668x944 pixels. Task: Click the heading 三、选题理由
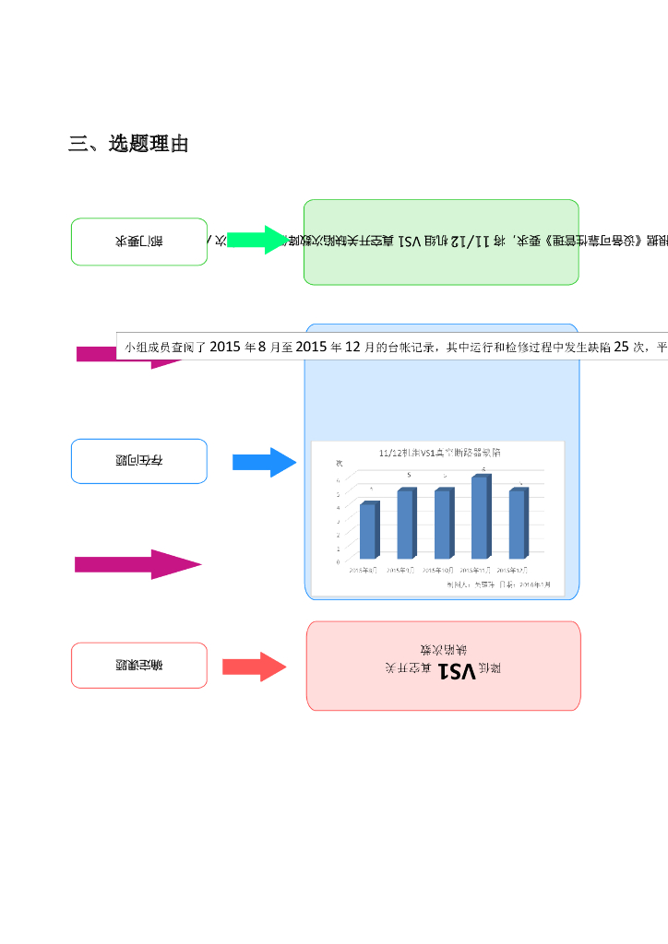click(128, 144)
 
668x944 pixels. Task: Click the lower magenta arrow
click(138, 564)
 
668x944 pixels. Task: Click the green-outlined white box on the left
click(139, 242)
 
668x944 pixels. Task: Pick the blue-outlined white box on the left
click(139, 461)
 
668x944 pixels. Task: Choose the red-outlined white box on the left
click(139, 665)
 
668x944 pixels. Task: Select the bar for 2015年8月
click(368, 531)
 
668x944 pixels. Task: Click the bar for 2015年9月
click(406, 524)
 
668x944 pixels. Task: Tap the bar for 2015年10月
click(443, 524)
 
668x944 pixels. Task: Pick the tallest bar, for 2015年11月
click(480, 517)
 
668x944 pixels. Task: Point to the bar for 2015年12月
click(518, 524)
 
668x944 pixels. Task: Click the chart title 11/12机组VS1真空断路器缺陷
click(447, 453)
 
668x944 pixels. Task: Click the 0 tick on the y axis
click(338, 560)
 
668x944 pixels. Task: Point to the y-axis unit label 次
click(339, 462)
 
